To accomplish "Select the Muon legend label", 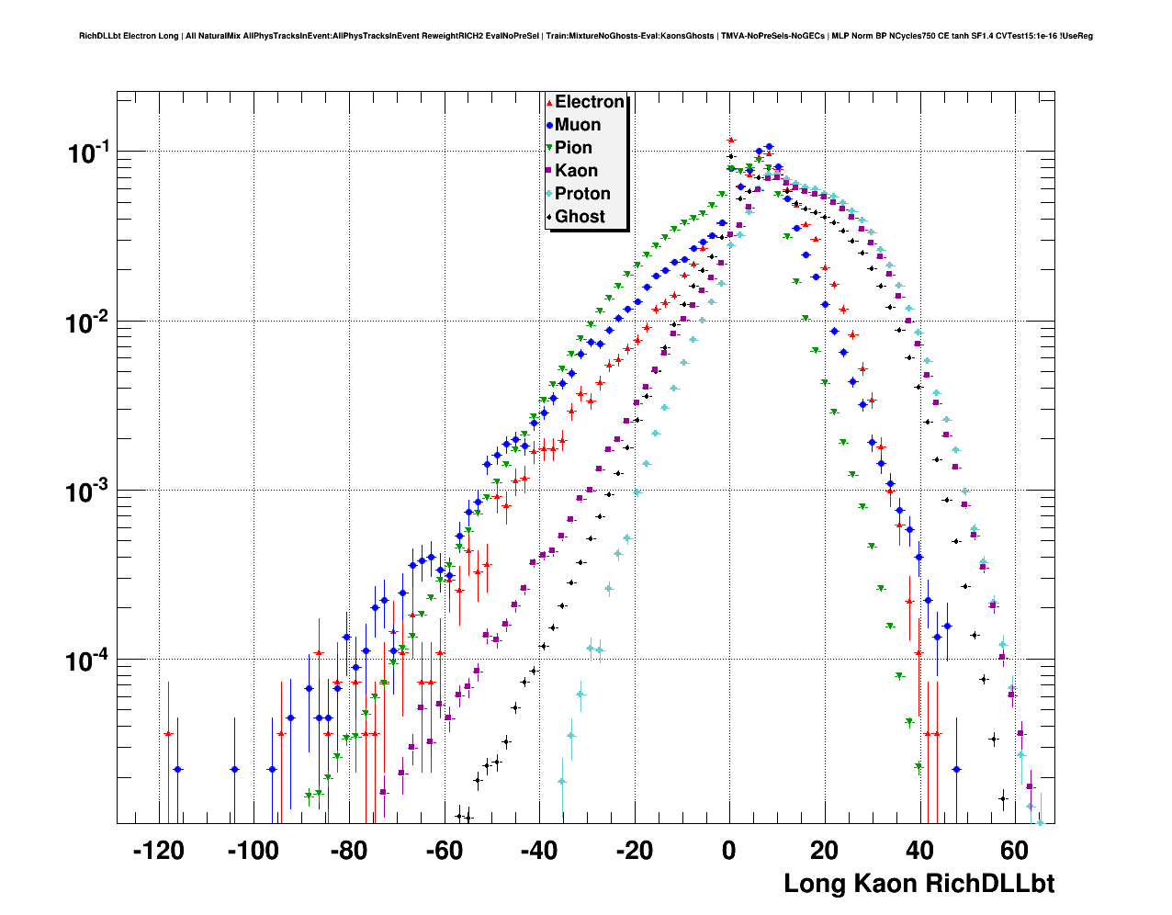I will tap(578, 125).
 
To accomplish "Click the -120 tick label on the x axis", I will tap(158, 851).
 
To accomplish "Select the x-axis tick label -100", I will tap(252, 851).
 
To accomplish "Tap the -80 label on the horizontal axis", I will tap(347, 851).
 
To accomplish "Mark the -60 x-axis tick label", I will tap(443, 851).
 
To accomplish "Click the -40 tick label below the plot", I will tap(538, 851).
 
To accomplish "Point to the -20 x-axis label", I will tap(633, 851).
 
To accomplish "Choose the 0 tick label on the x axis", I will tap(729, 851).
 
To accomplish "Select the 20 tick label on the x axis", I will tap(824, 851).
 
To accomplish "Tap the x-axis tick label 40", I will tap(919, 851).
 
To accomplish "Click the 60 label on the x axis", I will tap(1014, 851).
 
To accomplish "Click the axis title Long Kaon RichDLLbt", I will tap(918, 884).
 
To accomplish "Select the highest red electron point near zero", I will tap(731, 141).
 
